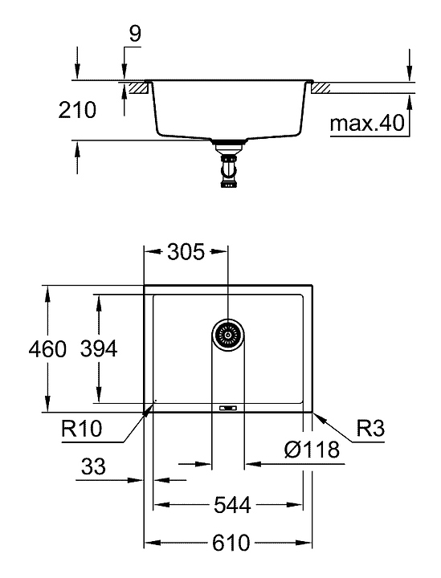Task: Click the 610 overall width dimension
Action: (231, 543)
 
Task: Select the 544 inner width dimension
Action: (232, 505)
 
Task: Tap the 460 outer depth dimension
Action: (47, 348)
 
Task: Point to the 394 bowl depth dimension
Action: (99, 348)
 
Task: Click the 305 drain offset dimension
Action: (186, 252)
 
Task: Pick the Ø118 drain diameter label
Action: (312, 450)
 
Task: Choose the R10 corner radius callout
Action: (81, 429)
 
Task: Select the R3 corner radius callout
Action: (370, 429)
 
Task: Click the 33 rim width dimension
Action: (93, 466)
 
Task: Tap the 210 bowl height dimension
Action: (77, 110)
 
